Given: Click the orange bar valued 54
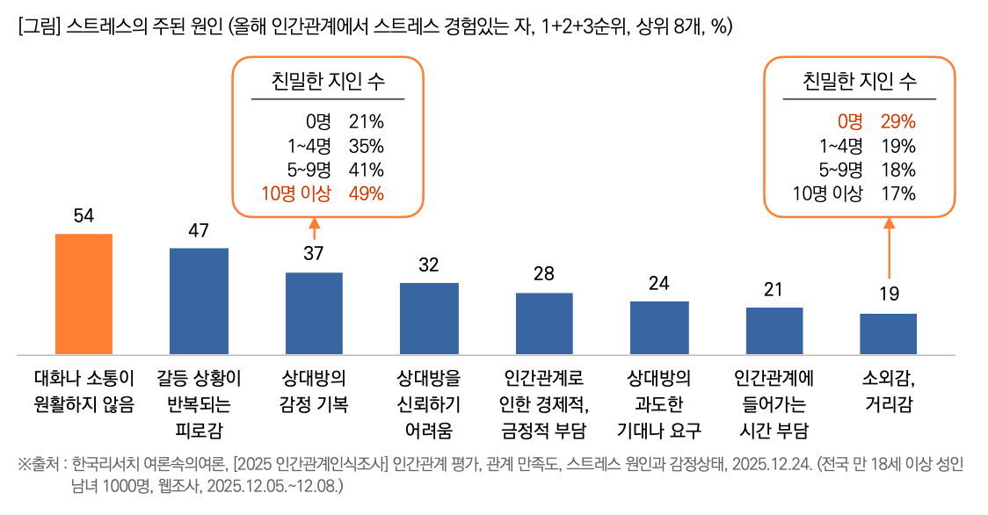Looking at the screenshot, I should coord(84,294).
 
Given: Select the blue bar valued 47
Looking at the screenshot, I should coord(199,301).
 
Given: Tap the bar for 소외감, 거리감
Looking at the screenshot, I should coord(889,333).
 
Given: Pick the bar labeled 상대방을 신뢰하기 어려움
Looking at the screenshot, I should coord(429,318).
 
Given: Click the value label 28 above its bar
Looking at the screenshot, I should coord(544,273).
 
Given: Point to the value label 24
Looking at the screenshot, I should coord(659,283).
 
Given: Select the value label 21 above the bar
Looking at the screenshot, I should coord(774,289).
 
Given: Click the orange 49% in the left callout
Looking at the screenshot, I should coord(367,194).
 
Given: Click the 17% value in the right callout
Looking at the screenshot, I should coord(897,194).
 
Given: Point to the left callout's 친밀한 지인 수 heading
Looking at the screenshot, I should coord(328,83).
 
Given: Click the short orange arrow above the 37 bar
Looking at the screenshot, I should coord(314,227).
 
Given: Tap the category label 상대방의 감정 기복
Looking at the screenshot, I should coord(314,391).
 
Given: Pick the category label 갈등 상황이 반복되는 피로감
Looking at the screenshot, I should coord(199,404).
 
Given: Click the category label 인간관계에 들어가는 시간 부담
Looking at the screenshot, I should coord(774,404).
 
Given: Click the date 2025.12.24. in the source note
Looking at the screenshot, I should coord(766,464).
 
